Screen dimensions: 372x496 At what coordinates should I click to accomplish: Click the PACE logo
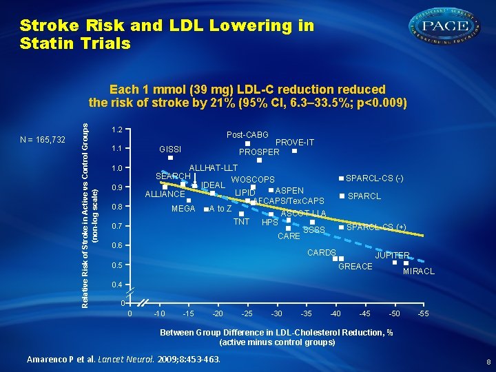(445, 27)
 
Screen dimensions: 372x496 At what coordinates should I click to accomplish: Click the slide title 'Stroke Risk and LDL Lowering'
(167, 34)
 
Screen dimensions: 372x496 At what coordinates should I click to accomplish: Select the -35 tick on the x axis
(306, 315)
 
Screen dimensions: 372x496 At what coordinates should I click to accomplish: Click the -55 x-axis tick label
(424, 315)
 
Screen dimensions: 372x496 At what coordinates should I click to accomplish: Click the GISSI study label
(170, 149)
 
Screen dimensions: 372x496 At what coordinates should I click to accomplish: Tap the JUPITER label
(392, 255)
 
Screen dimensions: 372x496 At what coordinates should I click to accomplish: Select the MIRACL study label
(419, 271)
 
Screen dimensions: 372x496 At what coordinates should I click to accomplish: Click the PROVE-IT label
(295, 143)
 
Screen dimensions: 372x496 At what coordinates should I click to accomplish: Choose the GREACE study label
(355, 267)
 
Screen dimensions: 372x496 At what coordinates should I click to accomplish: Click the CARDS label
(321, 253)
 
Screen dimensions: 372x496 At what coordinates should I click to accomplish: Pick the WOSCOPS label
(253, 180)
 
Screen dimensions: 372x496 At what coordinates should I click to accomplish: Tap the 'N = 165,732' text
(43, 140)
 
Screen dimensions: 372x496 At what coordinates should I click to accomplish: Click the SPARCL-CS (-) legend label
(374, 178)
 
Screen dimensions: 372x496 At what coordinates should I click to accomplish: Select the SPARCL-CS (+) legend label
(375, 227)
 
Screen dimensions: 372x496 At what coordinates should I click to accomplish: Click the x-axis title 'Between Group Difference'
(276, 333)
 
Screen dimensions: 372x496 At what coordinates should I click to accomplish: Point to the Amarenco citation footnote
(123, 359)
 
